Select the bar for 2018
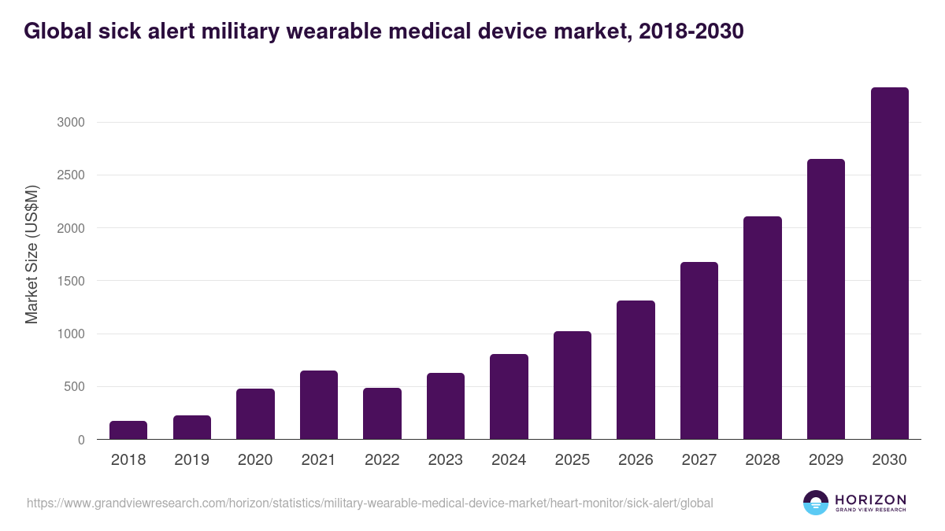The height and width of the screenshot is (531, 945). pyautogui.click(x=128, y=430)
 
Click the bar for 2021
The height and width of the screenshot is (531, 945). pyautogui.click(x=319, y=405)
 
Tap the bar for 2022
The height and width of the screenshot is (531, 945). pyautogui.click(x=382, y=414)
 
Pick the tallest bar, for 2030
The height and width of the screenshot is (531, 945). pyautogui.click(x=889, y=264)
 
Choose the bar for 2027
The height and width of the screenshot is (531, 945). pyautogui.click(x=699, y=351)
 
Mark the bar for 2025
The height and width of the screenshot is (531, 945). pyautogui.click(x=573, y=385)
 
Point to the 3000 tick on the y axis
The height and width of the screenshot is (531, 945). pyautogui.click(x=70, y=123)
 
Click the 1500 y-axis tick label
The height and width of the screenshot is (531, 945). pyautogui.click(x=70, y=281)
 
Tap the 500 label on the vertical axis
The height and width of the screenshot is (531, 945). pyautogui.click(x=74, y=387)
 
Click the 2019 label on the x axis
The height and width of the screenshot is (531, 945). pyautogui.click(x=191, y=460)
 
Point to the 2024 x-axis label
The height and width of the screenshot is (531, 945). pyautogui.click(x=509, y=460)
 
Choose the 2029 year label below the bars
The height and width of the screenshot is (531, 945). pyautogui.click(x=826, y=460)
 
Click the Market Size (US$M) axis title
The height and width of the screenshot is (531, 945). pyautogui.click(x=31, y=254)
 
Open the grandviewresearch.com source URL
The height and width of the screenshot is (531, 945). pyautogui.click(x=370, y=503)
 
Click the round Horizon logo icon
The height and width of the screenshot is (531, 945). pyautogui.click(x=816, y=503)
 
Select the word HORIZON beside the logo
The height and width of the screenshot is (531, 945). pyautogui.click(x=871, y=499)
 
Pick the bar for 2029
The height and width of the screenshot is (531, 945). pyautogui.click(x=826, y=299)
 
